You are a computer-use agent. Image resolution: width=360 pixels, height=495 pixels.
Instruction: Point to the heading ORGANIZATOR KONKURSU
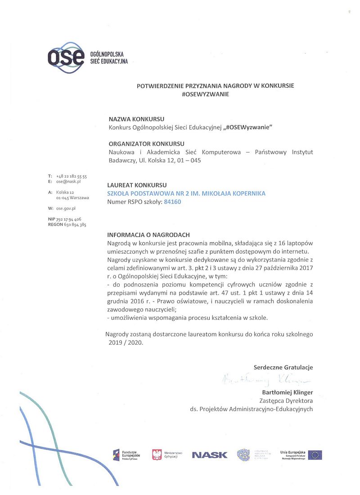pyautogui.click(x=147, y=144)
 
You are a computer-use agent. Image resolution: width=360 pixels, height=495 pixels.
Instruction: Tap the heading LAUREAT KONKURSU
pyautogui.click(x=137, y=185)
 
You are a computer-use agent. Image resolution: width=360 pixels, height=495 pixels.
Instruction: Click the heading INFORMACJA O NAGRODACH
pyautogui.click(x=148, y=235)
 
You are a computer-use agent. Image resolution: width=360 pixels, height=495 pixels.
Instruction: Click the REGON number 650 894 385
pyautogui.click(x=71, y=225)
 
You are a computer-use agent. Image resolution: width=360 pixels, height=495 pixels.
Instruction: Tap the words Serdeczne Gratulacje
pyautogui.click(x=283, y=367)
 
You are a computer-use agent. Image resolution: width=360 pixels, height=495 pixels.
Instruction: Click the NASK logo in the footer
pyautogui.click(x=210, y=455)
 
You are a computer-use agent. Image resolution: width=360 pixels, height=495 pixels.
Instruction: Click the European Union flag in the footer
pyautogui.click(x=315, y=454)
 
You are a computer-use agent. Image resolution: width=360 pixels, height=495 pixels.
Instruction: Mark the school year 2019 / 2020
pyautogui.click(x=125, y=342)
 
